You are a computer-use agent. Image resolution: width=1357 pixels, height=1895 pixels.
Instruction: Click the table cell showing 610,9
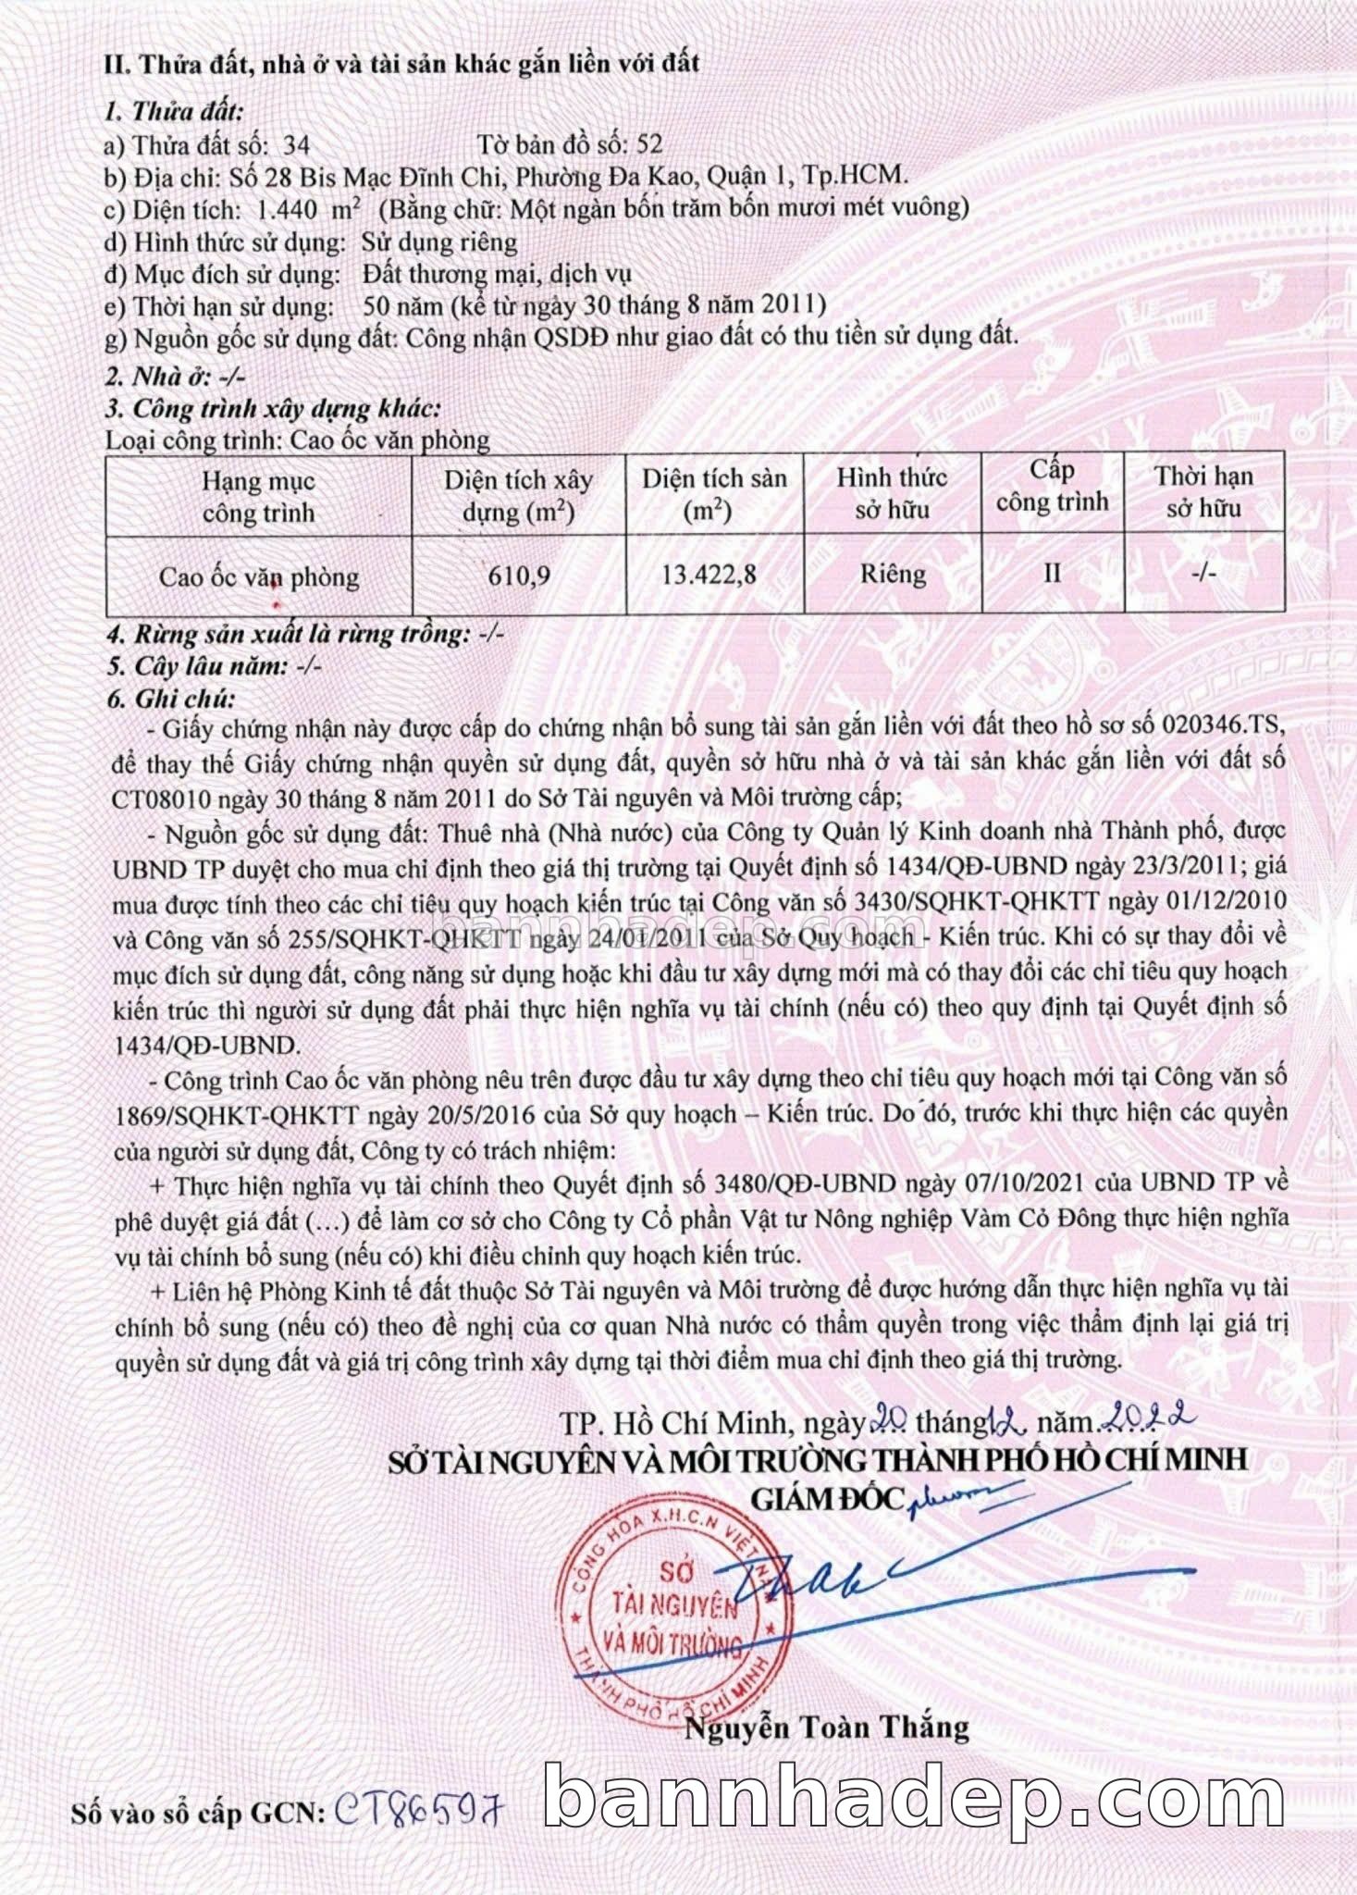click(519, 576)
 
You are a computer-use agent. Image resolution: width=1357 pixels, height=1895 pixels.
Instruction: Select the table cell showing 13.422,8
click(709, 575)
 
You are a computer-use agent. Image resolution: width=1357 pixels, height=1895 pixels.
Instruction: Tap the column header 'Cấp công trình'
click(1052, 487)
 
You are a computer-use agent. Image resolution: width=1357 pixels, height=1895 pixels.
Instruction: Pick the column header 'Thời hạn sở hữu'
click(1203, 491)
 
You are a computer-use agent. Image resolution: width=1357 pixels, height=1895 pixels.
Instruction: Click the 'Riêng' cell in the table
click(893, 574)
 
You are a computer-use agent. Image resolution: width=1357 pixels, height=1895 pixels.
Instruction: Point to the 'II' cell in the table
click(1052, 574)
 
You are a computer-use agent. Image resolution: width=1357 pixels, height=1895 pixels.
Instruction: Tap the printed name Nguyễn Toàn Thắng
click(826, 1727)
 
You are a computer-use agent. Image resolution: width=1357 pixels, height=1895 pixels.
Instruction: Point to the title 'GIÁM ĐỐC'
click(826, 1498)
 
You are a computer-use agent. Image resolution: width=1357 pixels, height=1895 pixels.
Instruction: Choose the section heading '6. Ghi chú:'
click(171, 699)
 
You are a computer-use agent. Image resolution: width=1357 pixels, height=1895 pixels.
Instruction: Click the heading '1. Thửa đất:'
click(174, 112)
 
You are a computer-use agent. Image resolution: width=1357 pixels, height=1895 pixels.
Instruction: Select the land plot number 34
click(297, 145)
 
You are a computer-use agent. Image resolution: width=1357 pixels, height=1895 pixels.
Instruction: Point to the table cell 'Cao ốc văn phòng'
click(259, 576)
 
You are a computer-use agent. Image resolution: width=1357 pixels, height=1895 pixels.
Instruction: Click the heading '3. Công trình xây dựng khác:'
click(273, 408)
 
